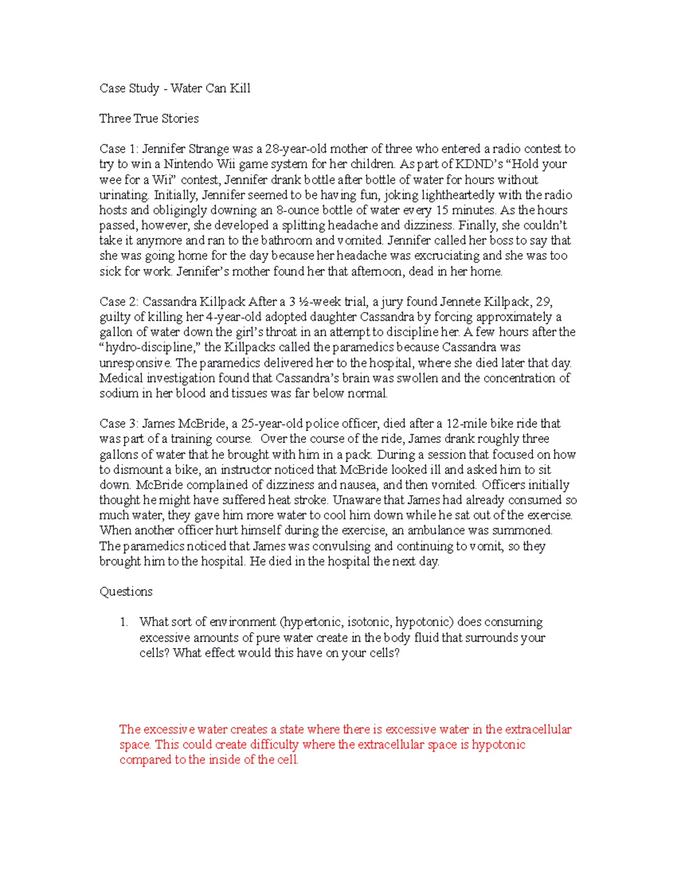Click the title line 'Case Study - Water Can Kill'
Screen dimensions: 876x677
point(175,88)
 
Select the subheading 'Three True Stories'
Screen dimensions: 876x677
point(149,118)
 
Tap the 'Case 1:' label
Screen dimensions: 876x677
point(118,149)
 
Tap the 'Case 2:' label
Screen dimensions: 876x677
point(118,302)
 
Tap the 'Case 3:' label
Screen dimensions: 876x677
point(118,424)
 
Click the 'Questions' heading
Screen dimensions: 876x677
point(126,592)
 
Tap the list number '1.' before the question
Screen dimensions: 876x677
point(124,622)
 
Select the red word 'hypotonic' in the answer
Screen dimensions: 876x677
point(499,745)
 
